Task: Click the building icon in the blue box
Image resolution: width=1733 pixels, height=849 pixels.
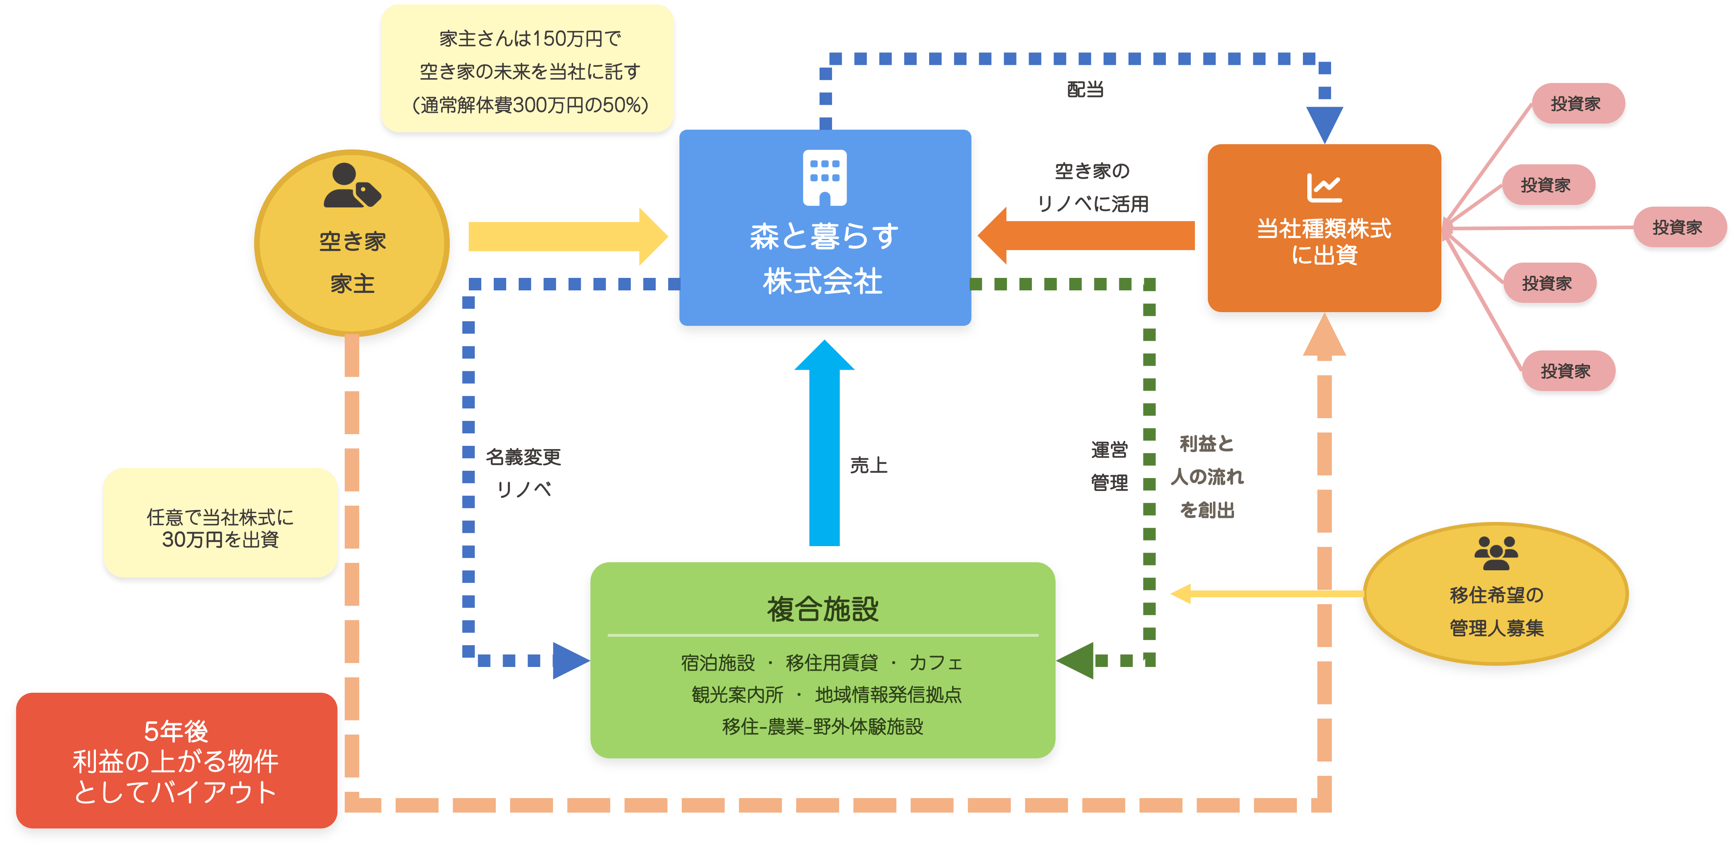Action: tap(825, 178)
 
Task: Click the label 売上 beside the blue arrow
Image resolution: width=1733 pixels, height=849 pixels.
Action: tap(869, 465)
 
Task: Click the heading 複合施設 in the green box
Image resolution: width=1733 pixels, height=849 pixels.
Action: tap(823, 609)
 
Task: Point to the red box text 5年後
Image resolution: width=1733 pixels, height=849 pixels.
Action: tap(176, 731)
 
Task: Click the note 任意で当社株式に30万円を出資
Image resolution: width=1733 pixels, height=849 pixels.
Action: tap(220, 528)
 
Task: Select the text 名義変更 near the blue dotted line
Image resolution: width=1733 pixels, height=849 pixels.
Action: tap(524, 458)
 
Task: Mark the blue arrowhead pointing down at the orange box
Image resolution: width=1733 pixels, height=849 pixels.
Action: tap(1324, 124)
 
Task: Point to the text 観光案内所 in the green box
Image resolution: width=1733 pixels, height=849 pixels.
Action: tap(737, 694)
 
